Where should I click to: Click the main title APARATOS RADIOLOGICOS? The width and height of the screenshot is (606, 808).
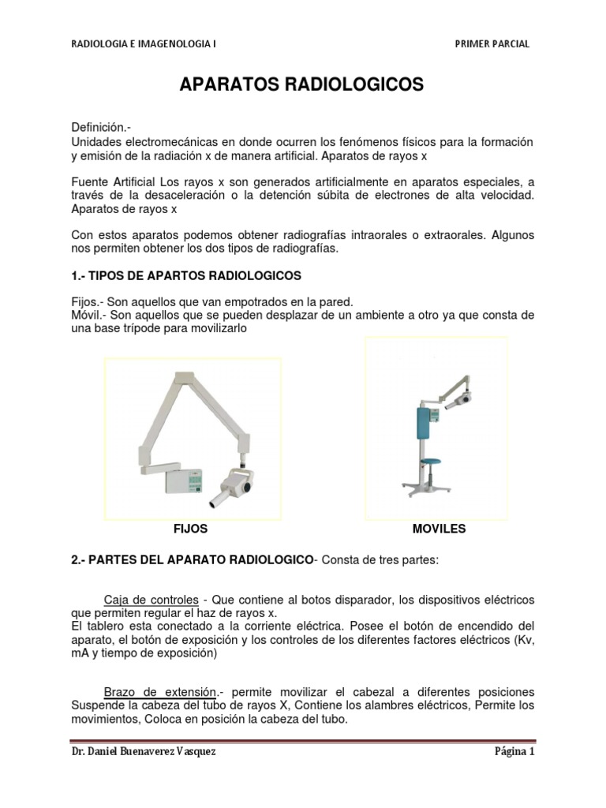tap(303, 85)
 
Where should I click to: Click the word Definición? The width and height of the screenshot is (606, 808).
tap(99, 126)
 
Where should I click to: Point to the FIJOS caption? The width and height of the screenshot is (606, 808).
tap(191, 529)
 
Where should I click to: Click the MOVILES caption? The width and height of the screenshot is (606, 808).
tap(439, 529)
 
